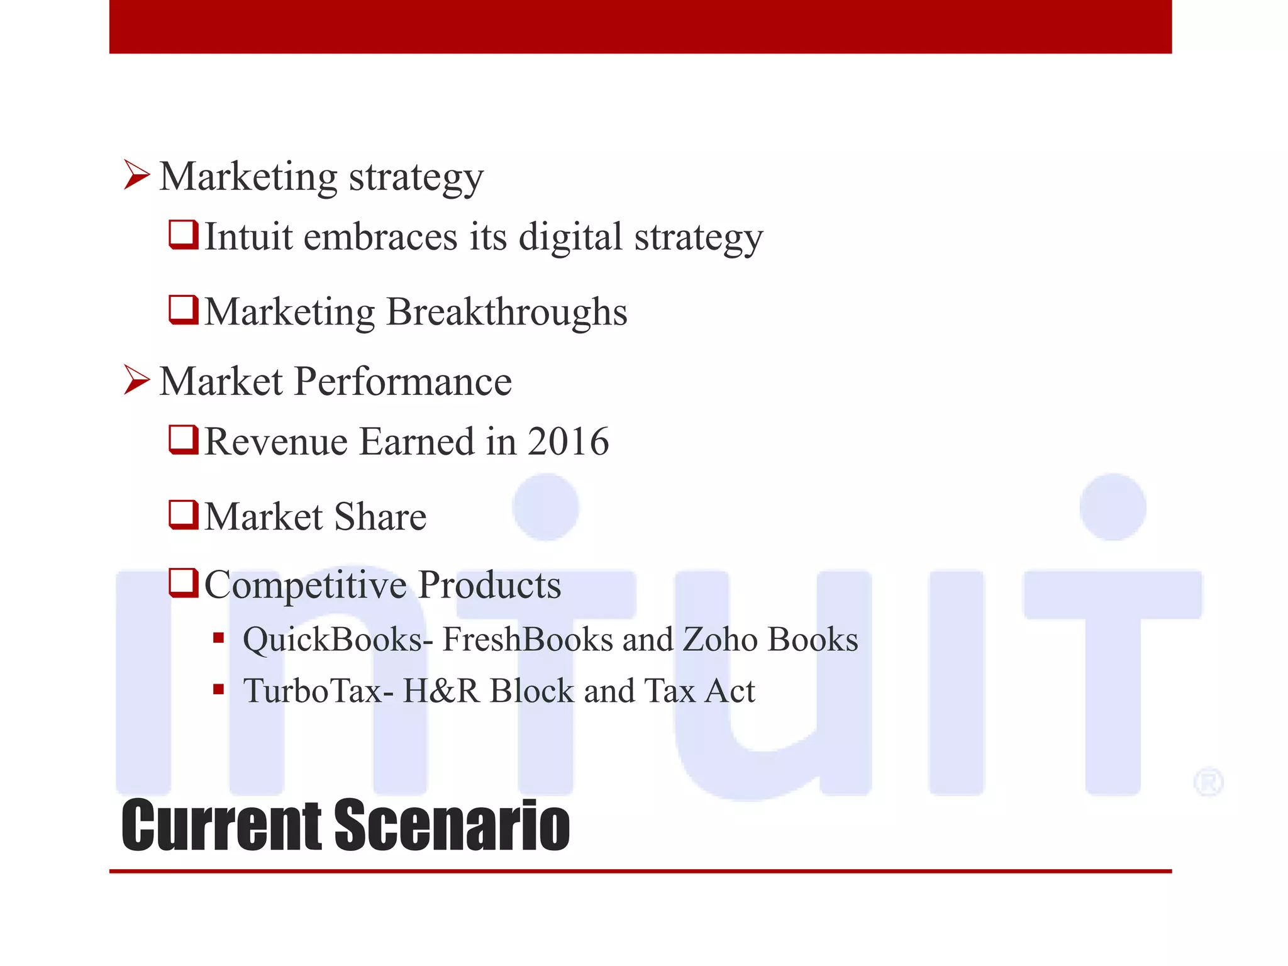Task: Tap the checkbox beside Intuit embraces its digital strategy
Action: pyautogui.click(x=184, y=235)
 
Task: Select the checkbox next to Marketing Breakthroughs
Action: pyautogui.click(x=184, y=310)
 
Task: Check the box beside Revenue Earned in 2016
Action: pyautogui.click(x=184, y=440)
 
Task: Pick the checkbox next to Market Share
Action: pyautogui.click(x=184, y=515)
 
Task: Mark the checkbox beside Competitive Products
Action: pyautogui.click(x=184, y=583)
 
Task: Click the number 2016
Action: pyautogui.click(x=568, y=441)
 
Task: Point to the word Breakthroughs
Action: pyautogui.click(x=506, y=312)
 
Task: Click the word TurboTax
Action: pyautogui.click(x=313, y=691)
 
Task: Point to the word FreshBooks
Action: pyautogui.click(x=527, y=640)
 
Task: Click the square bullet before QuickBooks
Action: pyautogui.click(x=218, y=639)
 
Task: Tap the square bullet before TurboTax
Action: pyautogui.click(x=218, y=690)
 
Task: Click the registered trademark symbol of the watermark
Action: pyautogui.click(x=1208, y=782)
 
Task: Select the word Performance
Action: pyautogui.click(x=402, y=381)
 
